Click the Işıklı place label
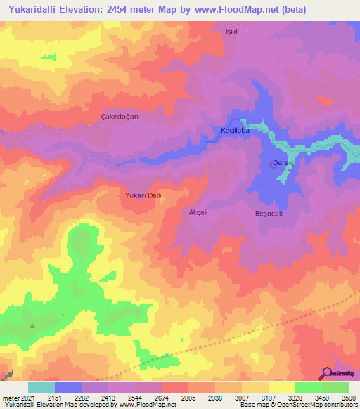pos(232,32)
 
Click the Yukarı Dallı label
pos(143,196)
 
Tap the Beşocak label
pos(268,213)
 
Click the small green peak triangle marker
pos(32,325)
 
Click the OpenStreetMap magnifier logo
pos(326,373)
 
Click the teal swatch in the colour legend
pos(41,387)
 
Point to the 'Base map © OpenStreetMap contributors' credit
pos(298,405)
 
